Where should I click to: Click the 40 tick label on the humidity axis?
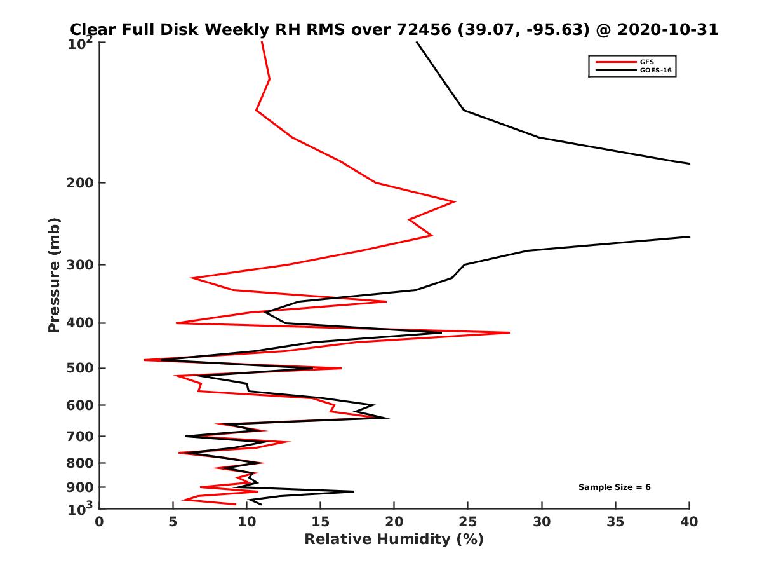(x=689, y=522)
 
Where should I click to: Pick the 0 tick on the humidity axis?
(x=100, y=522)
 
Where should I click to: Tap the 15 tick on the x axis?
(x=321, y=522)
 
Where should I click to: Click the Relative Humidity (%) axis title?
(x=394, y=540)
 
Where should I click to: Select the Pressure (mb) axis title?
(x=54, y=275)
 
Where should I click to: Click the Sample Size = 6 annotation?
(x=614, y=487)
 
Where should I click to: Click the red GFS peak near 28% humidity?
(x=509, y=332)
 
